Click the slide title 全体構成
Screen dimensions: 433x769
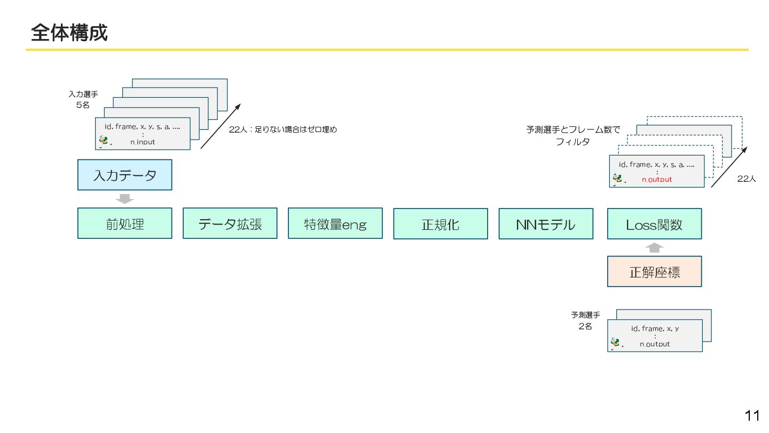tap(69, 33)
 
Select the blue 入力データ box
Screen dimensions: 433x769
tap(124, 175)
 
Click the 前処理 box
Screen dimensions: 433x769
tap(124, 223)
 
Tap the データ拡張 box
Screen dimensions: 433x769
tap(230, 223)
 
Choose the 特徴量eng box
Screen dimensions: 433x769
tap(335, 223)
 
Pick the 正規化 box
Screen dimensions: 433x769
tap(440, 224)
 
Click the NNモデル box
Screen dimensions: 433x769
tap(545, 224)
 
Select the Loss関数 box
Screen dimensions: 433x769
tap(654, 224)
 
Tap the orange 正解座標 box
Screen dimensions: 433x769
tap(654, 272)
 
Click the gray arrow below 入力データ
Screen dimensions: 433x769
tap(124, 199)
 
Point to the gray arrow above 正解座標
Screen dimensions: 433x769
tap(655, 248)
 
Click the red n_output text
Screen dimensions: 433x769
tap(657, 180)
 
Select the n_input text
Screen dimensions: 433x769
tap(143, 142)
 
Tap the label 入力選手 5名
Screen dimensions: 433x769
tap(83, 99)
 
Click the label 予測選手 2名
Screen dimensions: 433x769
tap(585, 321)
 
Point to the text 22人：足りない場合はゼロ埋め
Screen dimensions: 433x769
tap(283, 129)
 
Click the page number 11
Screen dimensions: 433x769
tap(752, 415)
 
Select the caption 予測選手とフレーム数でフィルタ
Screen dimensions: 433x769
tap(573, 136)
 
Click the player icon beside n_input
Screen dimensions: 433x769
tap(104, 141)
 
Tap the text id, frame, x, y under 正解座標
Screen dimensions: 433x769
tap(655, 328)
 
